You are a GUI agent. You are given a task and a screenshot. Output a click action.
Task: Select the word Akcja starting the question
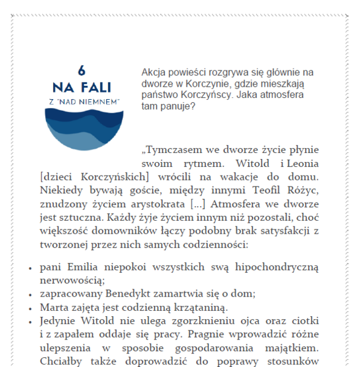(153, 72)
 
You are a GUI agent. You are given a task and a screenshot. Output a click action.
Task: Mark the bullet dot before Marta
(31, 308)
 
